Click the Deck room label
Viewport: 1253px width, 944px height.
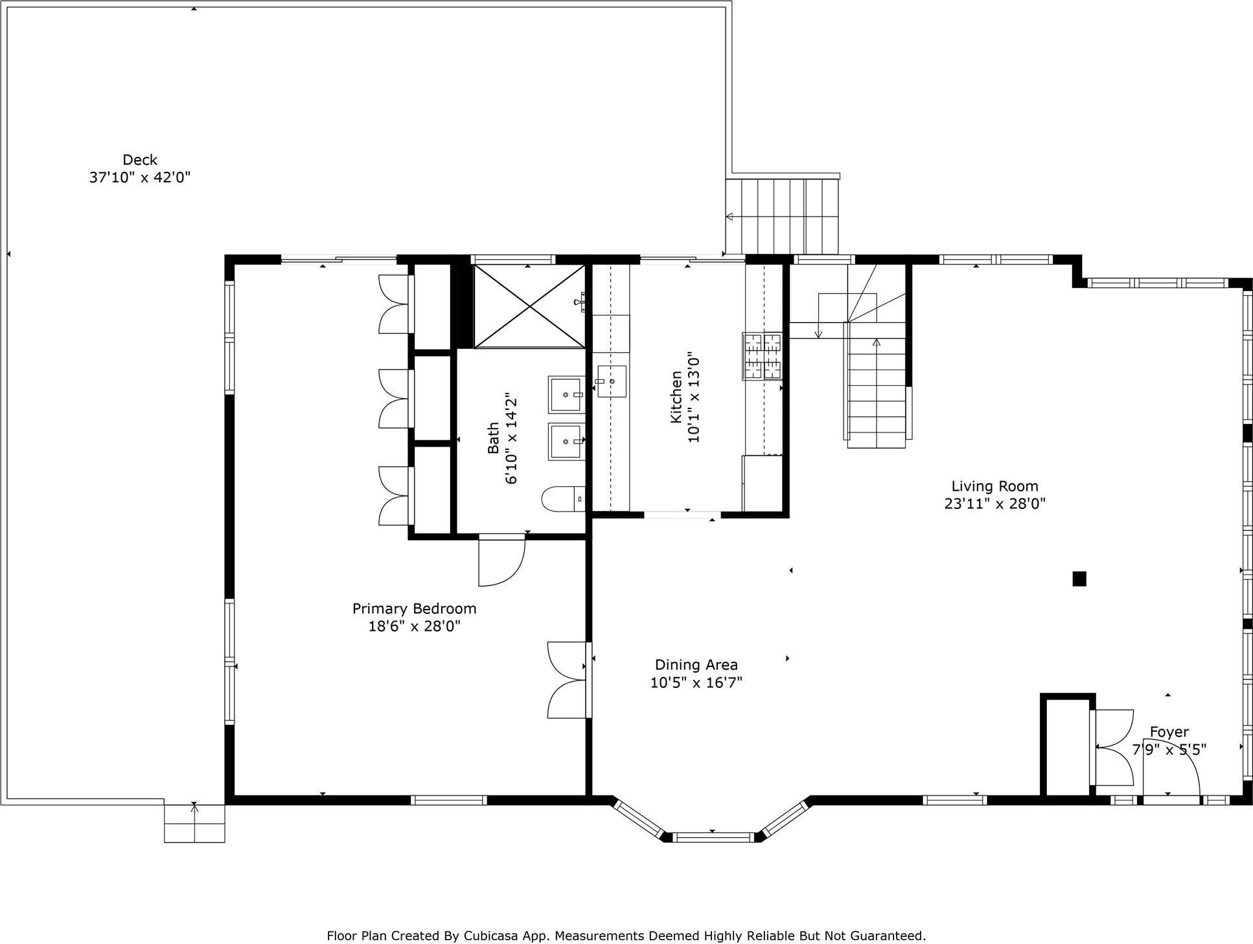click(x=140, y=159)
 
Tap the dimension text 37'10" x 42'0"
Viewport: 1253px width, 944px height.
click(x=140, y=178)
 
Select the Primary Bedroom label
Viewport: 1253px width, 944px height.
click(x=414, y=609)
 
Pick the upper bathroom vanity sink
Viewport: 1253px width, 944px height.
click(x=566, y=394)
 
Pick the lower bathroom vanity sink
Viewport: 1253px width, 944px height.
click(x=566, y=442)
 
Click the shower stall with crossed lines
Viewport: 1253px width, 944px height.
click(x=529, y=306)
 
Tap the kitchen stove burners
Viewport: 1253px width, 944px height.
click(x=762, y=355)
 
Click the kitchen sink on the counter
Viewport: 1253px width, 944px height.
click(x=611, y=381)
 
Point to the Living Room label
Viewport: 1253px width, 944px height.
click(x=994, y=486)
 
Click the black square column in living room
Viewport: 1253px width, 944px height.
click(x=1079, y=578)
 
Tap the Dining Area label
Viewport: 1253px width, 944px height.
click(x=696, y=665)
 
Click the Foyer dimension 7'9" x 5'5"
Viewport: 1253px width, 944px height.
click(x=1169, y=750)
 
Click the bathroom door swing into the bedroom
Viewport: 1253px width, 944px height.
click(x=501, y=561)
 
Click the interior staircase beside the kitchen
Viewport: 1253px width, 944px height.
click(x=876, y=389)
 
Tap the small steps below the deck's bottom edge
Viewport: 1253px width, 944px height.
click(x=194, y=823)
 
